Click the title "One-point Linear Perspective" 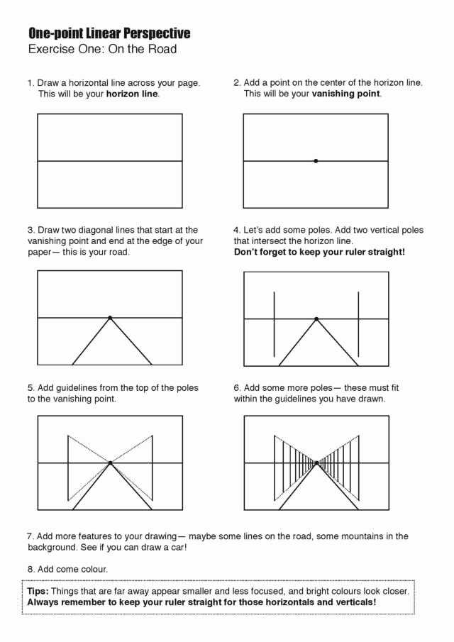[x=109, y=33]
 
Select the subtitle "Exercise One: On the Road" [x=102, y=50]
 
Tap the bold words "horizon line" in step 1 [x=132, y=94]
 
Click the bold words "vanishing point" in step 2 [x=345, y=94]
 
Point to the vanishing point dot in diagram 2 [x=316, y=161]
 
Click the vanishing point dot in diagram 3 [x=110, y=318]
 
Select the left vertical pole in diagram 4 [x=275, y=323]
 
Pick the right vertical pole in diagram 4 [x=358, y=323]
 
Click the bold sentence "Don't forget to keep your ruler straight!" [x=319, y=252]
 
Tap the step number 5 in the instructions [x=31, y=388]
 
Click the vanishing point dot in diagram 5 [x=110, y=463]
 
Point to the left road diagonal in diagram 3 [x=91, y=342]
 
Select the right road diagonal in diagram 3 [x=131, y=342]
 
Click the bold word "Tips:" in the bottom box [x=38, y=590]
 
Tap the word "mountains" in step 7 [x=341, y=536]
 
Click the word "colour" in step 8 [x=94, y=569]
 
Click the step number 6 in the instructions [x=237, y=388]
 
